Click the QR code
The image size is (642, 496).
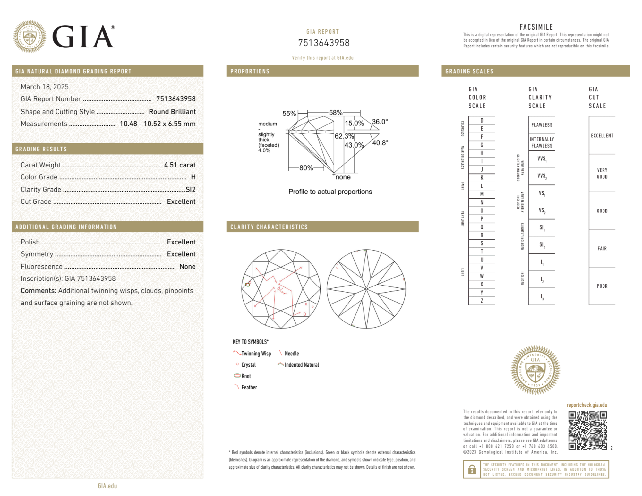pos(587,431)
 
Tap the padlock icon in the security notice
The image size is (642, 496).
pos(472,469)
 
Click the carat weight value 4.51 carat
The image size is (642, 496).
pos(180,165)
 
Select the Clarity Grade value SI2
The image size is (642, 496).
pos(191,189)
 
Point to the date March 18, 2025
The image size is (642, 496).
pos(45,87)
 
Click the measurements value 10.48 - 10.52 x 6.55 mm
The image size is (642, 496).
pos(158,124)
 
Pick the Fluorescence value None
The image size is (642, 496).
pos(187,266)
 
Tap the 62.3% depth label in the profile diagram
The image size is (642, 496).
pos(344,136)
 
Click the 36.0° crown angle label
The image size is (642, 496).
pos(380,122)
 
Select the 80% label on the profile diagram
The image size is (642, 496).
pos(306,168)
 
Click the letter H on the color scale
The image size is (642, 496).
pos(482,153)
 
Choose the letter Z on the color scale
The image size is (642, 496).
pos(482,301)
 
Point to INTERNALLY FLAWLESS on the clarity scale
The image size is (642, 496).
pos(542,142)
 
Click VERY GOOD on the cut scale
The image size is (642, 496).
pos(602,173)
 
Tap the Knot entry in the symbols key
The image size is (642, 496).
pos(246,376)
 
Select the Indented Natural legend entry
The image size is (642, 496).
pos(302,365)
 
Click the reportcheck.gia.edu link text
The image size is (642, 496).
pos(587,405)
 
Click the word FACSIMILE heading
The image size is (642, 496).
pos(536,27)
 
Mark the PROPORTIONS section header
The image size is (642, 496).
pos(250,71)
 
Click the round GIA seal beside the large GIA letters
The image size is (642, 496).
pos(30,37)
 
